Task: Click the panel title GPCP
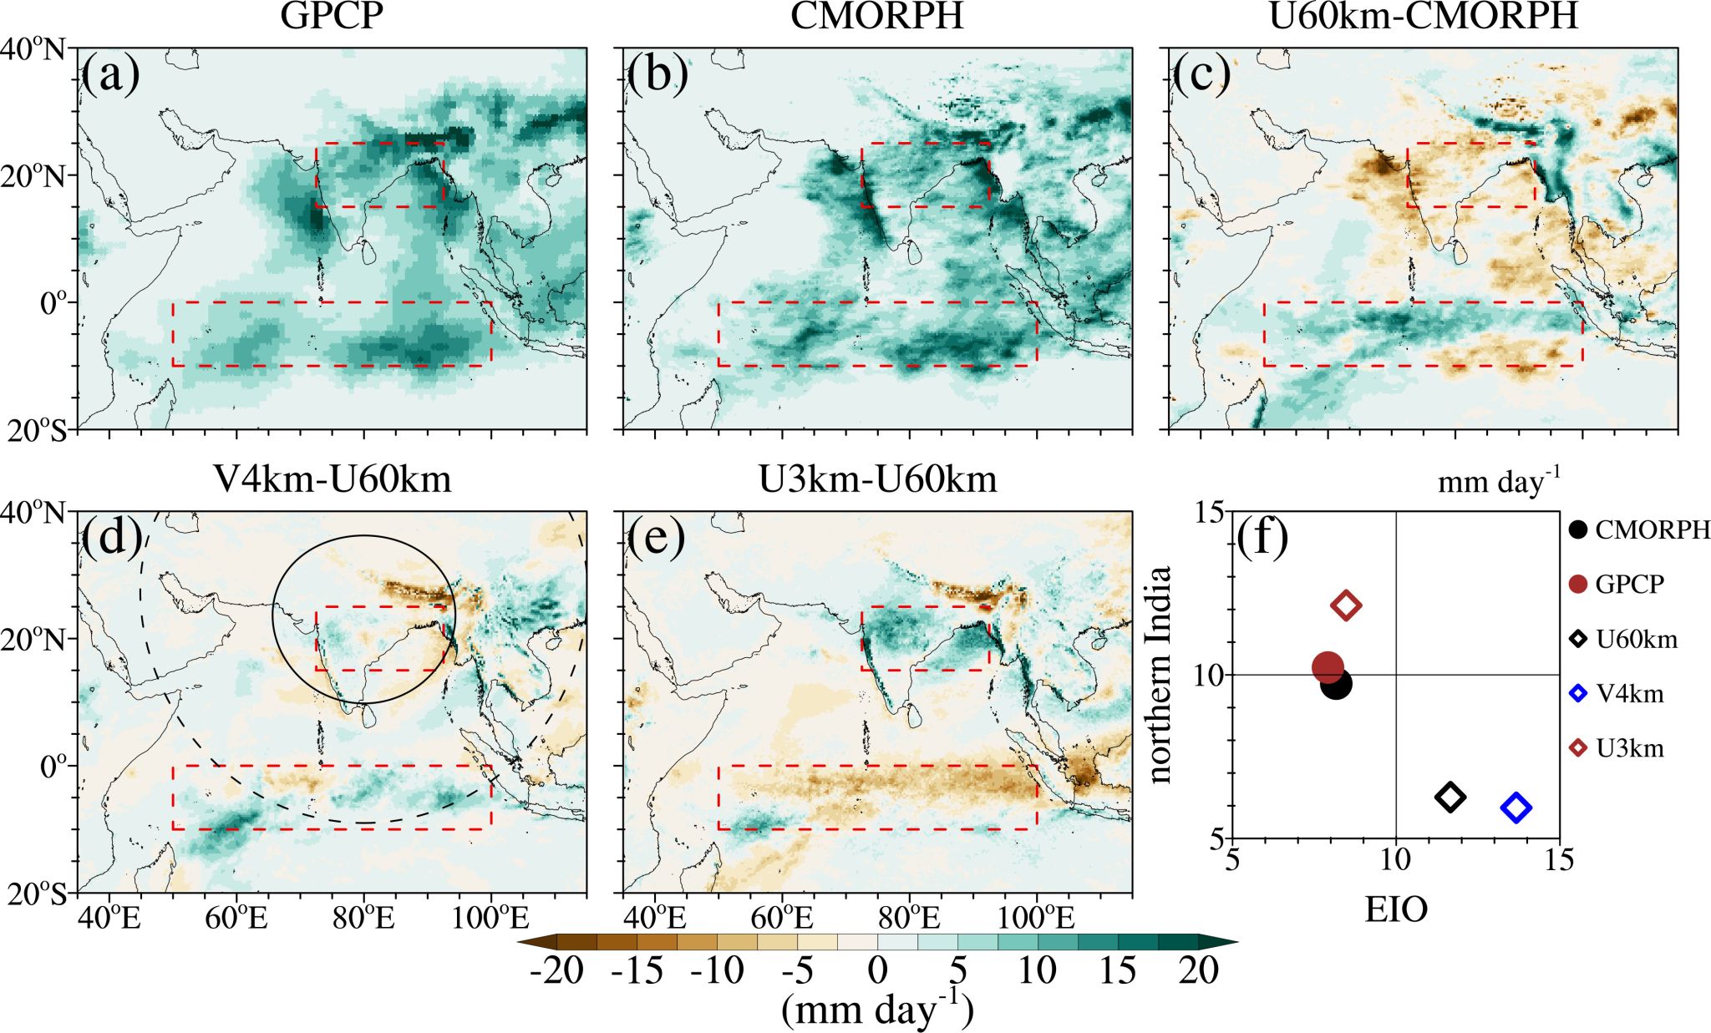(x=332, y=17)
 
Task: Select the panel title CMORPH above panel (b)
(x=877, y=17)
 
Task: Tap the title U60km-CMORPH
(x=1423, y=17)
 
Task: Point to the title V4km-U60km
(x=332, y=479)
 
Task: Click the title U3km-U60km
(x=877, y=479)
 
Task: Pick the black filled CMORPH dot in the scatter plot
(x=1337, y=685)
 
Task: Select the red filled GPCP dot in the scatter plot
(x=1328, y=667)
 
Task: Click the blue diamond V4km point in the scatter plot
(x=1516, y=808)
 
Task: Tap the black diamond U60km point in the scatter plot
(x=1450, y=797)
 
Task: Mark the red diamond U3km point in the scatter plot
(x=1346, y=605)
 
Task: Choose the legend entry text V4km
(x=1629, y=694)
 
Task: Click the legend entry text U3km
(x=1629, y=748)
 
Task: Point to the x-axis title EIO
(x=1396, y=910)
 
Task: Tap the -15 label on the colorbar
(x=637, y=971)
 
